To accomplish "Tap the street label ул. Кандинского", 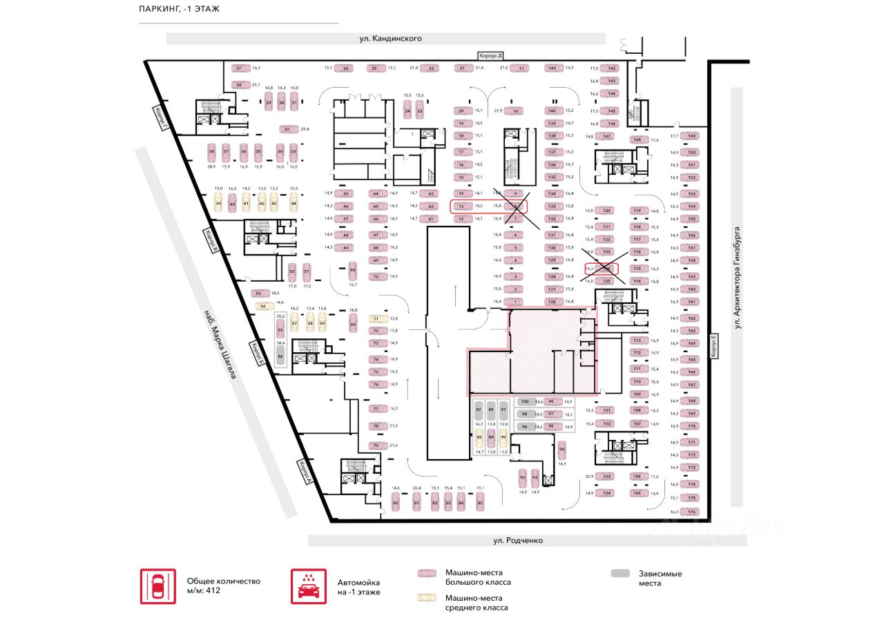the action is click(390, 39).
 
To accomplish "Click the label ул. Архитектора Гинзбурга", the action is click(737, 277).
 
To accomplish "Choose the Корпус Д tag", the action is click(492, 55).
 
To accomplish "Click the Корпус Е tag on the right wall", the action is click(714, 346).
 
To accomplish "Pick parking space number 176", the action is click(691, 512).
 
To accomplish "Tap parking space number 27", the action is click(240, 68).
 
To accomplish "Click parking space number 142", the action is click(611, 68).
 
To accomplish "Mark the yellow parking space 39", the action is click(218, 203).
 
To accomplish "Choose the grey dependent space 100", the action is click(525, 401).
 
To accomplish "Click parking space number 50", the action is click(352, 270).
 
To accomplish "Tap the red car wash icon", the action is click(304, 586).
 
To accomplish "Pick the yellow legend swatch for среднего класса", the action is click(427, 597).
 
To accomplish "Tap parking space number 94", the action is click(562, 449).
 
